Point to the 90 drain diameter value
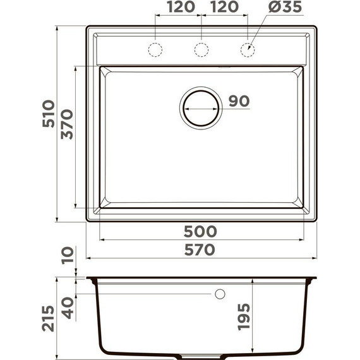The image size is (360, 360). (x=239, y=101)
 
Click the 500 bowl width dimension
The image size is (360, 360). (x=201, y=231)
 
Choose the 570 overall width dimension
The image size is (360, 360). (x=201, y=249)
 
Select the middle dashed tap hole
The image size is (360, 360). (x=201, y=49)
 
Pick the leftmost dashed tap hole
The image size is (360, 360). (x=155, y=49)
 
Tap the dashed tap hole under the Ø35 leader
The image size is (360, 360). (x=248, y=49)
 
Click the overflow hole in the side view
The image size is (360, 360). (x=220, y=294)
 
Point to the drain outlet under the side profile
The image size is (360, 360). (x=201, y=356)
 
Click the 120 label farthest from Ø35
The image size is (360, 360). (x=179, y=8)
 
